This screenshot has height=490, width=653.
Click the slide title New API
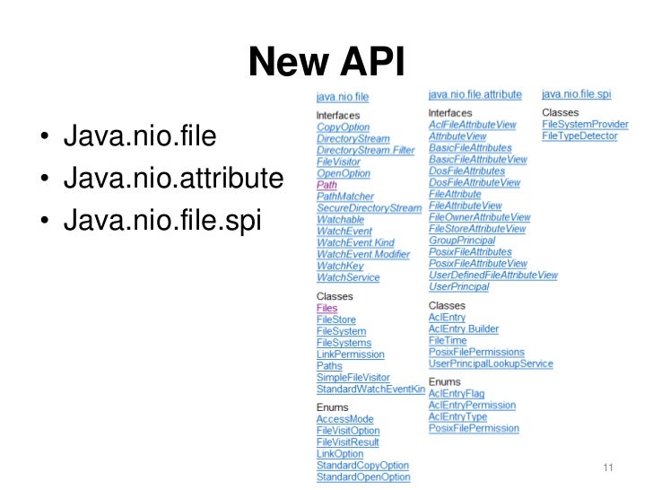pyautogui.click(x=326, y=62)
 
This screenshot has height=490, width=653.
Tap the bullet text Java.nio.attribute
pyautogui.click(x=167, y=179)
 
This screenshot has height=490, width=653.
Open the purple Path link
pyautogui.click(x=326, y=185)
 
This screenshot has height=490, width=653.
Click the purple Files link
pyautogui.click(x=327, y=308)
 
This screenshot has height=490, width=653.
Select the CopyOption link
pyautogui.click(x=343, y=127)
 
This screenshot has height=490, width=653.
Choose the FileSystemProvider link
pyautogui.click(x=585, y=124)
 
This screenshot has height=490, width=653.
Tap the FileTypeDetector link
pyautogui.click(x=579, y=136)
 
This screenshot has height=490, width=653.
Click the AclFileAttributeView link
pyautogui.click(x=472, y=124)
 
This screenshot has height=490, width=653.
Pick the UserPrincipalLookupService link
pyautogui.click(x=491, y=364)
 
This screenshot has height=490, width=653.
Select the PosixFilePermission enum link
pyautogui.click(x=474, y=429)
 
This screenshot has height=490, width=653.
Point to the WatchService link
pyautogui.click(x=348, y=278)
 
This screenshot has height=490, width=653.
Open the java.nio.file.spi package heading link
pyautogui.click(x=576, y=92)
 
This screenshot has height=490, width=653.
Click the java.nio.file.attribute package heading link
pyautogui.click(x=475, y=92)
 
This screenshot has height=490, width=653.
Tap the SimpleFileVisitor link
pyautogui.click(x=353, y=378)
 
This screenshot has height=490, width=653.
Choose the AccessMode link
pyautogui.click(x=344, y=419)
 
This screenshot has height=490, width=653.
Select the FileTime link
pyautogui.click(x=448, y=341)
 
